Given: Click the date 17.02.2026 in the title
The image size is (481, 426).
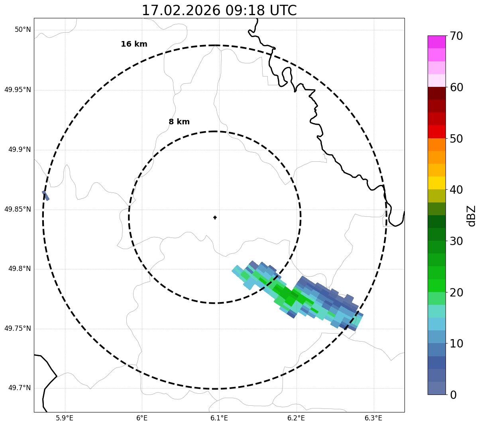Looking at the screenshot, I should coord(181,10).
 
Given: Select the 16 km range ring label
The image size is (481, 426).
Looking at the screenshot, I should coord(134,44).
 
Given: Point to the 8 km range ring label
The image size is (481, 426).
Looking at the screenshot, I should coord(179,122).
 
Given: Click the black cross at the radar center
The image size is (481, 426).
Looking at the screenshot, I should coord(215,218).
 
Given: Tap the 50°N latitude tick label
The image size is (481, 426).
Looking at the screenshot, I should coord(23,30).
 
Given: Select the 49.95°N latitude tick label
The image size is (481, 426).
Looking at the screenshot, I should coord(18,90).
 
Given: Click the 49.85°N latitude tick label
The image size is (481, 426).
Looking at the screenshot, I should coord(18,209).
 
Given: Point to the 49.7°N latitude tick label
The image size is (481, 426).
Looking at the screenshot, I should coord(20,388).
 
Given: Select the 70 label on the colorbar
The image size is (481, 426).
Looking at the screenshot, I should coord(456,36).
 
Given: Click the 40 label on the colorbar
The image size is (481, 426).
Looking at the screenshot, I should coord(456,190).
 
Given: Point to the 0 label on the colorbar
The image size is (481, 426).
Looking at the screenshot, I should coord(453,395).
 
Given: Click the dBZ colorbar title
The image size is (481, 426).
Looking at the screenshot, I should coord(472,216).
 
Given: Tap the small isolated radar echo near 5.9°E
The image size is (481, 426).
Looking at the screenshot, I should coord(45,195).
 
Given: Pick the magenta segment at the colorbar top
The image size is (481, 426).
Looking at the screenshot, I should coord(437,42).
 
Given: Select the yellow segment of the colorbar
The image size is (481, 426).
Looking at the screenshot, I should coord(437,183).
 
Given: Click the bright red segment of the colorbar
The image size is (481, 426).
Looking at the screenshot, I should coord(437,132).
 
